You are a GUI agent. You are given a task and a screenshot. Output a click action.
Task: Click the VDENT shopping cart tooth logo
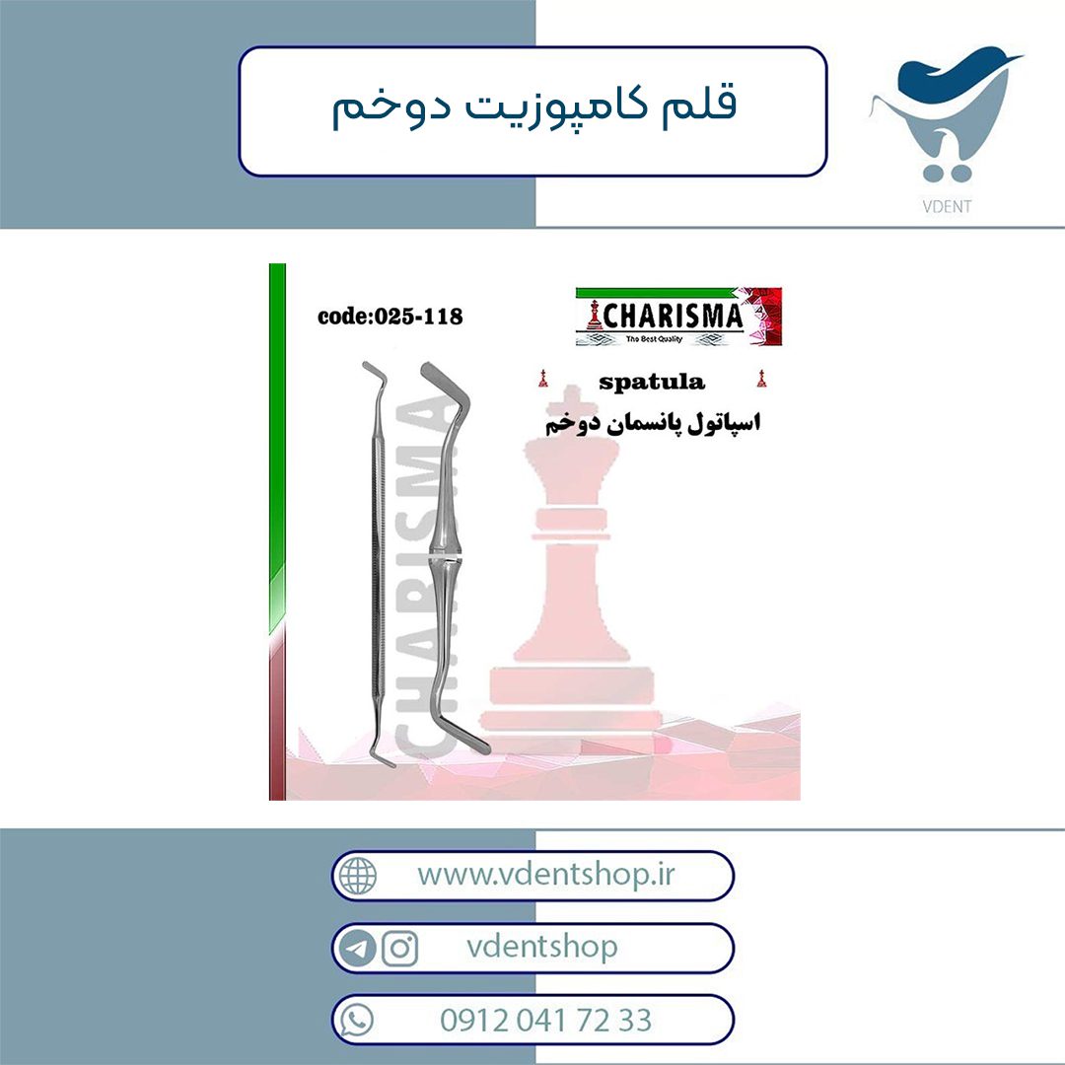(946, 115)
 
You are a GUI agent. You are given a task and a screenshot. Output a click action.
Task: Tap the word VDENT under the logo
(947, 206)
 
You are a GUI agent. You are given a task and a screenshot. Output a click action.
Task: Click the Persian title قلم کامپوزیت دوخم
(533, 107)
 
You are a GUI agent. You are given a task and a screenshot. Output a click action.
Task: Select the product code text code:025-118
(390, 316)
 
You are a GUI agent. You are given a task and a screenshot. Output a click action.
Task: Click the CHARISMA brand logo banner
(678, 317)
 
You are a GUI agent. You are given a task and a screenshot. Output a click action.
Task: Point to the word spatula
(652, 383)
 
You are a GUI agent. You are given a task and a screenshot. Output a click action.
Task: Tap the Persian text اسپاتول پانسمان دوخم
(653, 422)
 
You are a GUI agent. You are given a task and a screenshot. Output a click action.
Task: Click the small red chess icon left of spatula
(542, 379)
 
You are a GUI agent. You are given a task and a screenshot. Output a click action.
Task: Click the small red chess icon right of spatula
(761, 379)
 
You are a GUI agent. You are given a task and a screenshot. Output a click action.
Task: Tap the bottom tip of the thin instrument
(393, 765)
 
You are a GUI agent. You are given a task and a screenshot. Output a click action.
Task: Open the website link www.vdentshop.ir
(546, 875)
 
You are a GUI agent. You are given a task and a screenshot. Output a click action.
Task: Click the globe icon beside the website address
(358, 876)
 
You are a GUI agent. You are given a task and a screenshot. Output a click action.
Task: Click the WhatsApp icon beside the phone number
(357, 1020)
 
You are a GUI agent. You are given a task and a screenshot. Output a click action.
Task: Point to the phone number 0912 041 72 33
(546, 1021)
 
